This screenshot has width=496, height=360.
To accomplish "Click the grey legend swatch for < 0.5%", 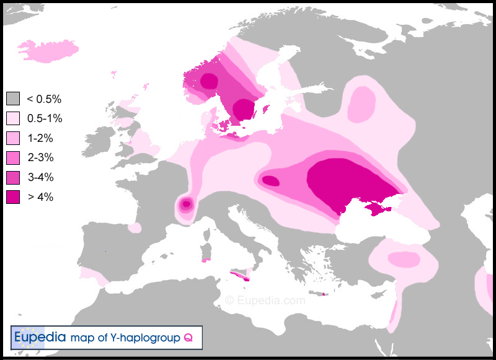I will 13,99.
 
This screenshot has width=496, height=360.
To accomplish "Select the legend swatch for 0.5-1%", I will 13,118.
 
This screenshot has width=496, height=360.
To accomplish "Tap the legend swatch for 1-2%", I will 13,138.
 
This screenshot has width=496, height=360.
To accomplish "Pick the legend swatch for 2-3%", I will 13,158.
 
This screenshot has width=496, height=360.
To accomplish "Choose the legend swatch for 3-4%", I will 13,178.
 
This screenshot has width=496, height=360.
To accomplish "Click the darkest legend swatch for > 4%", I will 13,198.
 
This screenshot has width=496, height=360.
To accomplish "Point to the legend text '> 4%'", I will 40,198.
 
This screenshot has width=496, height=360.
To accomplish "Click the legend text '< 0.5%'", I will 43,99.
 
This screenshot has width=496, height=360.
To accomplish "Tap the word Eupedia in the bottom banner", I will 39,338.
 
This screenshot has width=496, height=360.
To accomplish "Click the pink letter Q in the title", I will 187,338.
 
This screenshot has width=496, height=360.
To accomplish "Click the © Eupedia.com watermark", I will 265,301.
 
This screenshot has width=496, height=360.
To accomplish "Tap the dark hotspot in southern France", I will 185,204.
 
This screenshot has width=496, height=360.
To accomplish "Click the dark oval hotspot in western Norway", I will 209,81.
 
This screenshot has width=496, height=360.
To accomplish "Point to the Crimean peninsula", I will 374,209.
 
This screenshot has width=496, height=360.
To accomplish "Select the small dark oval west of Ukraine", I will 270,181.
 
